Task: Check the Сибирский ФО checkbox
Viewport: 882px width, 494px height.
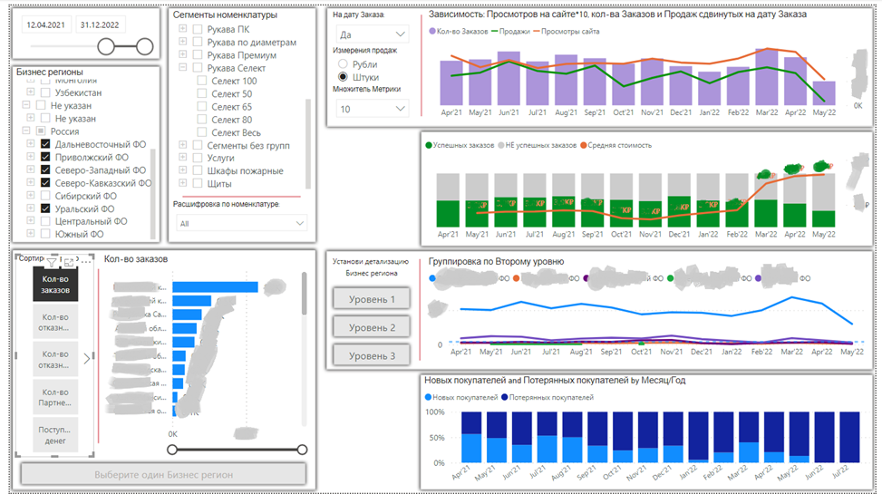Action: [x=45, y=196]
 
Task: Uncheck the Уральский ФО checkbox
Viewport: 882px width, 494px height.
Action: [x=45, y=208]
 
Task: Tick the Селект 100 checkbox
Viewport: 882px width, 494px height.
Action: [x=202, y=82]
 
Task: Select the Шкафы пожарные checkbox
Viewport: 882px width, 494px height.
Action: [x=185, y=170]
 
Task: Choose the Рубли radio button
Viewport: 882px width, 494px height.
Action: [x=343, y=64]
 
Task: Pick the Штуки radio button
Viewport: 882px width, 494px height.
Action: [x=343, y=77]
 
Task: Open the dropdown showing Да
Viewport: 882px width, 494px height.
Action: [x=371, y=33]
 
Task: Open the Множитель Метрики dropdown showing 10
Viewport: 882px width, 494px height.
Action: [x=371, y=109]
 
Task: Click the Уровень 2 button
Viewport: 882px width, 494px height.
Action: [x=372, y=326]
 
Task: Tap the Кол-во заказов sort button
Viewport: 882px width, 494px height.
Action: [x=54, y=285]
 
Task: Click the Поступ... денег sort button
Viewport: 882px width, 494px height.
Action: [x=54, y=435]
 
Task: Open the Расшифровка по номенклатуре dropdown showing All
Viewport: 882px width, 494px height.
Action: [x=240, y=223]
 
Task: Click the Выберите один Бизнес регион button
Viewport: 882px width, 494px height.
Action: [x=164, y=474]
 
